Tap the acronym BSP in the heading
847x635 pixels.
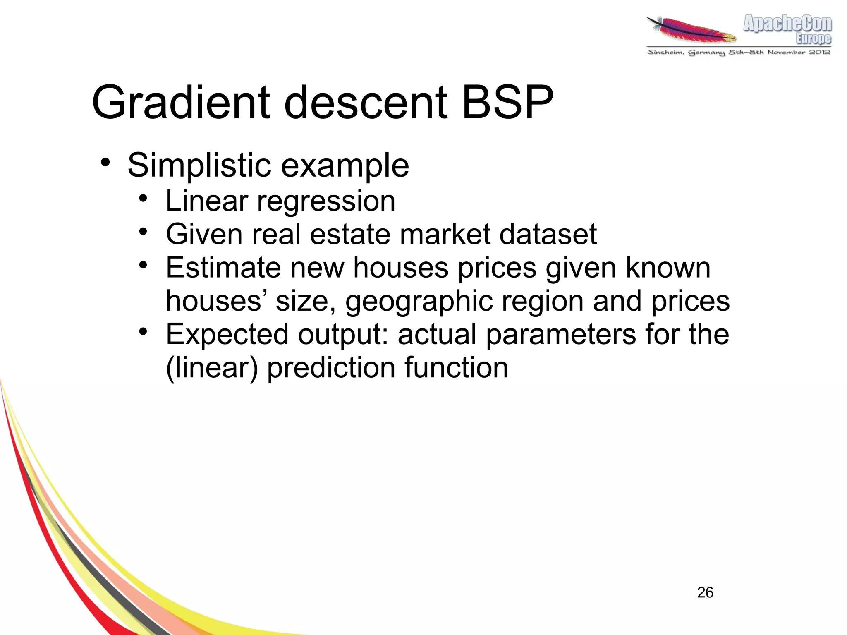[x=507, y=103]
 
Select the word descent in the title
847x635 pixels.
[x=366, y=103]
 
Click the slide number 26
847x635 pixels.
[x=705, y=592]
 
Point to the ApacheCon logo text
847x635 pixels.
[x=787, y=24]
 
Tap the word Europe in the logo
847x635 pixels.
[x=813, y=38]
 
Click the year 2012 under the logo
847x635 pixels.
[x=819, y=52]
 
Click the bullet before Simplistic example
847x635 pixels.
[x=105, y=162]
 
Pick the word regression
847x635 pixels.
[x=326, y=201]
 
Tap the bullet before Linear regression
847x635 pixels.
[x=143, y=199]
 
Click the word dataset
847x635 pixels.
[x=548, y=235]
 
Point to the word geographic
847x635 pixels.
[x=419, y=301]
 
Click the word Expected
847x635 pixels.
[x=227, y=334]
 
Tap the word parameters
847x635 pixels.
[x=561, y=334]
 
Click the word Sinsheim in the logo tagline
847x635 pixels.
[x=665, y=52]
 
